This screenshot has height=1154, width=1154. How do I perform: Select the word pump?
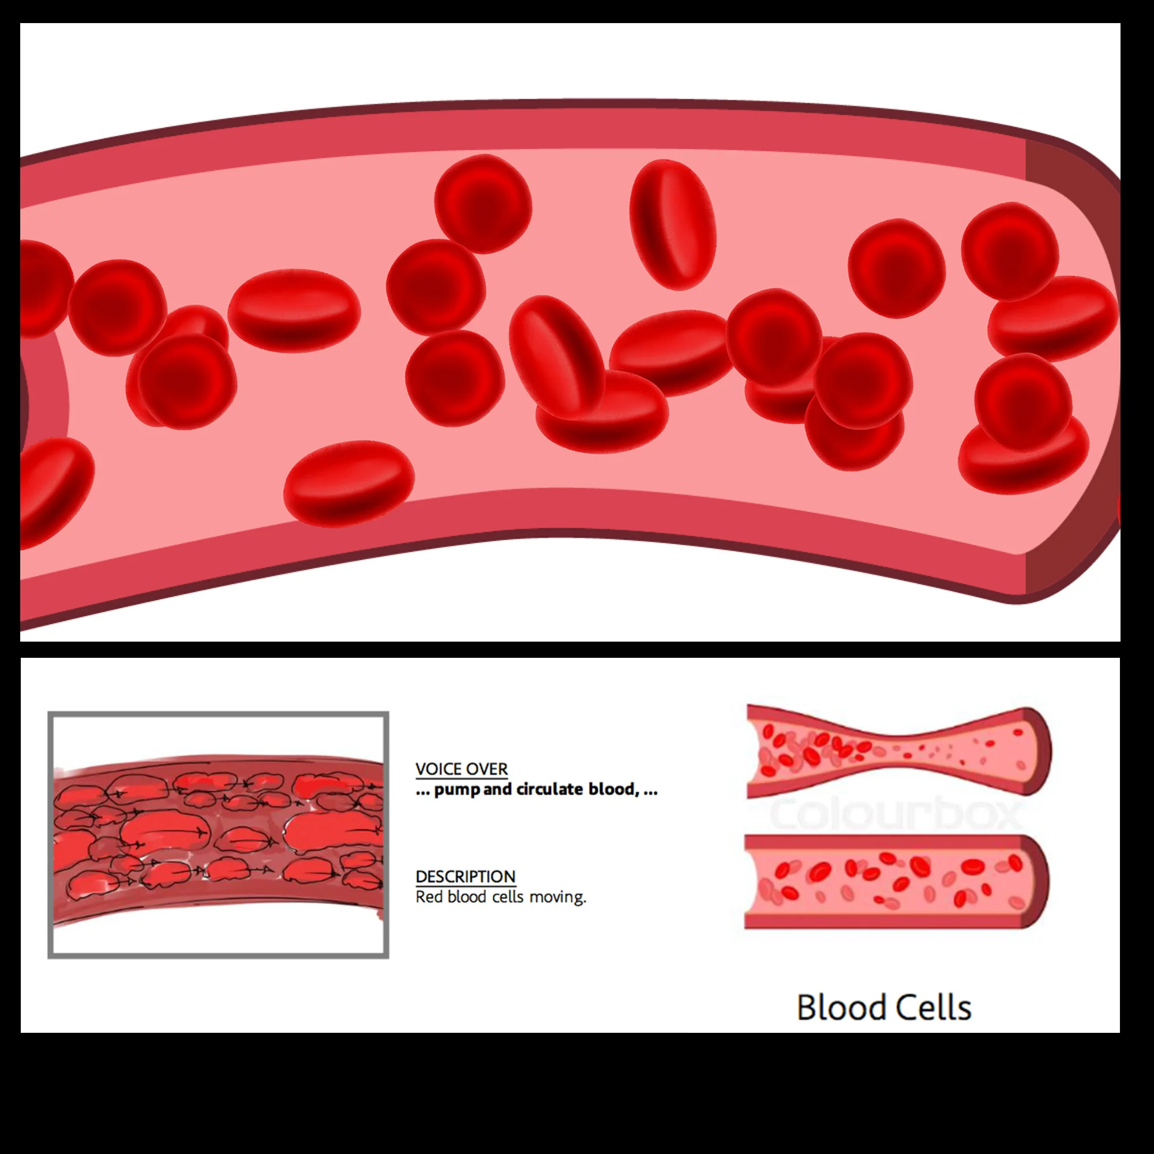point(457,790)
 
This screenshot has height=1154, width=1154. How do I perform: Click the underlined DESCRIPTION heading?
point(465,876)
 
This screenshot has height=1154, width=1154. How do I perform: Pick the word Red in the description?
point(429,897)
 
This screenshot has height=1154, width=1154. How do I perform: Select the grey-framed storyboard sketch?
point(218,834)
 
